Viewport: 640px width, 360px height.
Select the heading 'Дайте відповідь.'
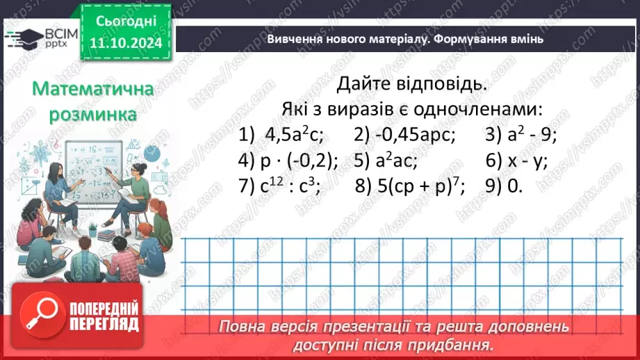(x=408, y=85)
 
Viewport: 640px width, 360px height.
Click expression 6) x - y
(x=518, y=161)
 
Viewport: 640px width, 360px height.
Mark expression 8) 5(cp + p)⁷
(x=411, y=186)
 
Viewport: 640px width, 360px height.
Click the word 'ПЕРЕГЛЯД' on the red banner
(x=104, y=325)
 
